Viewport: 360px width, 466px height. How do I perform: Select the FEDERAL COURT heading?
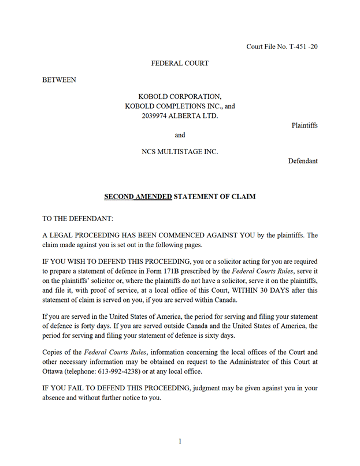[x=180, y=63]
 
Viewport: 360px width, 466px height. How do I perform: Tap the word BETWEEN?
[x=60, y=80]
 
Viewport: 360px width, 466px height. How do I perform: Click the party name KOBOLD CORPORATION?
[x=180, y=96]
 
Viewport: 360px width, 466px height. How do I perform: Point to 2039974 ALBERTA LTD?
[x=180, y=115]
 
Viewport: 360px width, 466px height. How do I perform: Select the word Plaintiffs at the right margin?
[x=304, y=125]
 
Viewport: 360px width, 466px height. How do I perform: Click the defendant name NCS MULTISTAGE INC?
[x=180, y=152]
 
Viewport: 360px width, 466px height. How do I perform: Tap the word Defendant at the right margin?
[x=303, y=161]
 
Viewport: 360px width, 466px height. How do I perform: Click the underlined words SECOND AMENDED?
[x=138, y=196]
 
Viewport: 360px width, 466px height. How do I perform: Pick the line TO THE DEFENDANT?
[x=78, y=219]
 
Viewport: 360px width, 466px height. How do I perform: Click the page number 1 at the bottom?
[x=180, y=441]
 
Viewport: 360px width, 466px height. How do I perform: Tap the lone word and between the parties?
[x=180, y=135]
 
